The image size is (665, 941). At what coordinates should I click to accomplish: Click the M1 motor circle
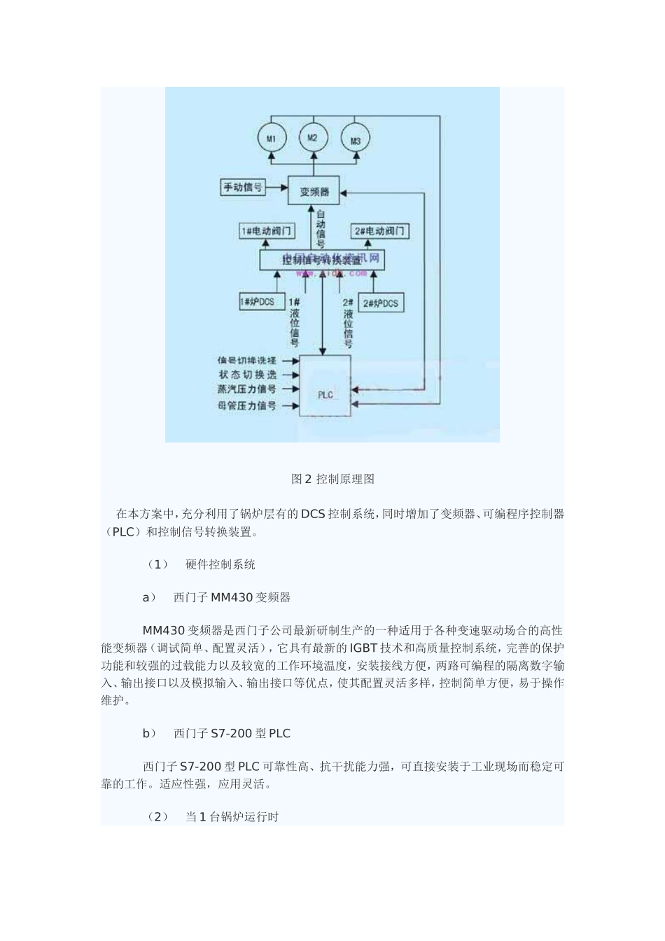tap(271, 138)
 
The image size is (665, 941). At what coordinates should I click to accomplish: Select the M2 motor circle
tap(313, 138)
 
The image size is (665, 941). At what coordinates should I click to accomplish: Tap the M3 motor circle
tap(355, 140)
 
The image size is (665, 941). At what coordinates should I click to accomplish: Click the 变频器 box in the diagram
tap(314, 190)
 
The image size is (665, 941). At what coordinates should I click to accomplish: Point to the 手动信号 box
tap(243, 187)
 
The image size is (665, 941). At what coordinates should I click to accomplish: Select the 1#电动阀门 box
tap(267, 230)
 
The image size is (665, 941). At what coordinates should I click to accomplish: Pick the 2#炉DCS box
tap(381, 302)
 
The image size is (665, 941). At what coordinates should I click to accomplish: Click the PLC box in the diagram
tap(326, 386)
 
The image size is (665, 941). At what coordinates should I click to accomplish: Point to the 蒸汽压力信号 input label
tap(246, 389)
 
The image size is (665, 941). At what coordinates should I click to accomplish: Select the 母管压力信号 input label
tap(246, 405)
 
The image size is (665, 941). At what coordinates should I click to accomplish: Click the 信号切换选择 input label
tap(246, 360)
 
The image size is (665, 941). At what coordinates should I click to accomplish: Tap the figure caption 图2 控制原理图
tap(332, 479)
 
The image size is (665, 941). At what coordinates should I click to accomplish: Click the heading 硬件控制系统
tap(220, 564)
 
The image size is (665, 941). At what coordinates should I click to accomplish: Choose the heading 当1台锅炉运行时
tap(232, 816)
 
